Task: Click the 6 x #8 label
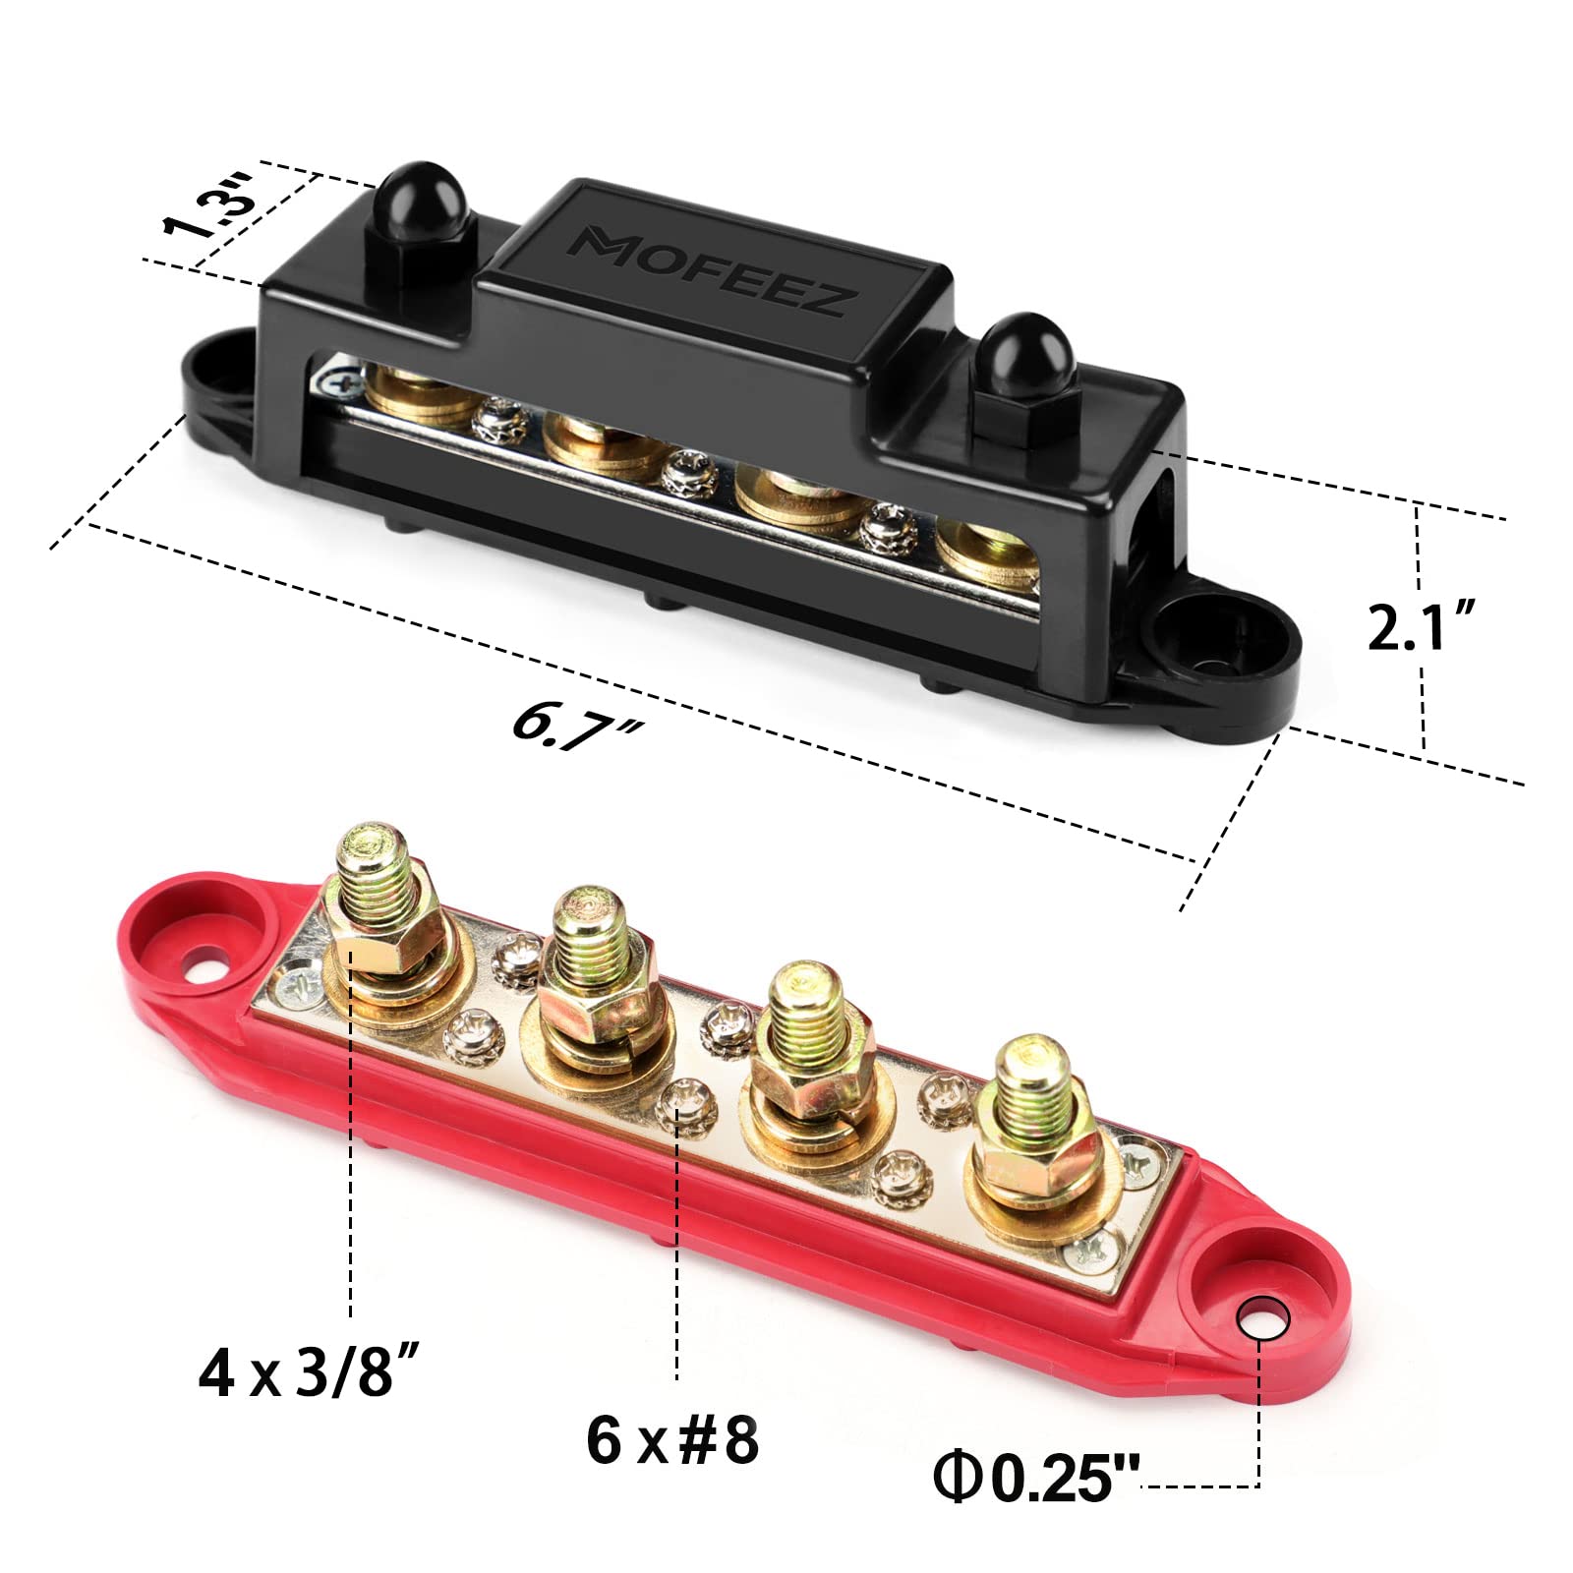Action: pyautogui.click(x=672, y=1441)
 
